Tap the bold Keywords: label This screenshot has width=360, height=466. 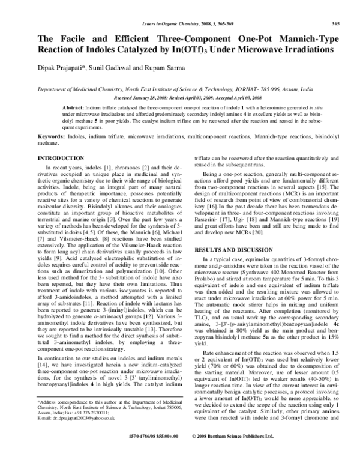[x=52, y=136]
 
